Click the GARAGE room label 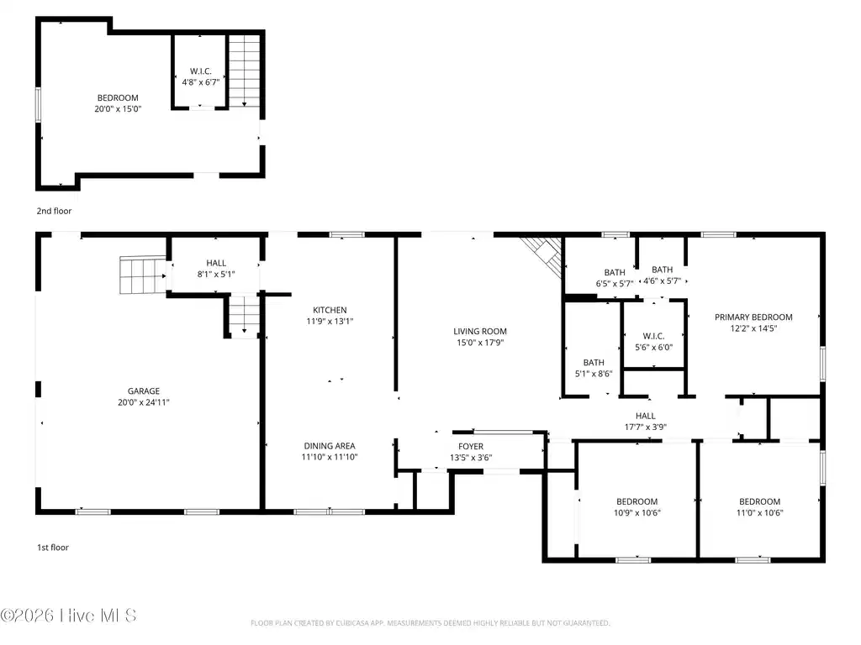tap(144, 391)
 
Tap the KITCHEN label tap(330, 310)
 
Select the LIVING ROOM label tap(480, 331)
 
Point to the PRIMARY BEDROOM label tap(753, 317)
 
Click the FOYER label tap(471, 447)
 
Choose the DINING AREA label tap(330, 446)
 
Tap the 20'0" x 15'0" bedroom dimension tap(118, 108)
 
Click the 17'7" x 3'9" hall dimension tap(646, 427)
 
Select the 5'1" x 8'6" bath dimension tap(594, 374)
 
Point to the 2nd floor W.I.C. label tap(201, 71)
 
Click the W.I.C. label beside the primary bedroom tap(654, 336)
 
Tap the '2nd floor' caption tap(54, 211)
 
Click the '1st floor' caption tap(53, 548)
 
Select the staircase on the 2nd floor tap(244, 71)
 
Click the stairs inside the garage tap(143, 275)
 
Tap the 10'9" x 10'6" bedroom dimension tap(637, 513)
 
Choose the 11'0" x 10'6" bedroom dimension tap(759, 513)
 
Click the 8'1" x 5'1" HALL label tap(216, 269)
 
